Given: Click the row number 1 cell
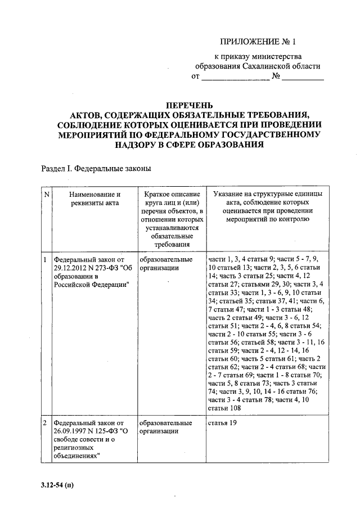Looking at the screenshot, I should pyautogui.click(x=46, y=260).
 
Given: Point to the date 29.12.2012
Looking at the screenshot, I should pyautogui.click(x=68, y=268).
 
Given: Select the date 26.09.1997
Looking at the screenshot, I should pyautogui.click(x=68, y=431).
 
